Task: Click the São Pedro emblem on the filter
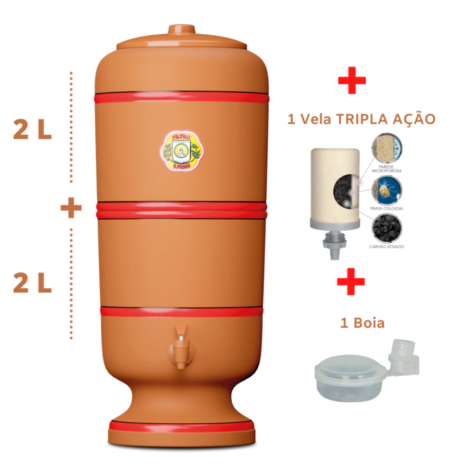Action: click(x=182, y=151)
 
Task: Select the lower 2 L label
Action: click(x=32, y=284)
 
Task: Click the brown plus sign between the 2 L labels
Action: click(x=71, y=208)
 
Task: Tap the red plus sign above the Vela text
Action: click(x=352, y=80)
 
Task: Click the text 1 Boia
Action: click(x=362, y=323)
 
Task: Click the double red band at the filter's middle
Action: click(x=181, y=210)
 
